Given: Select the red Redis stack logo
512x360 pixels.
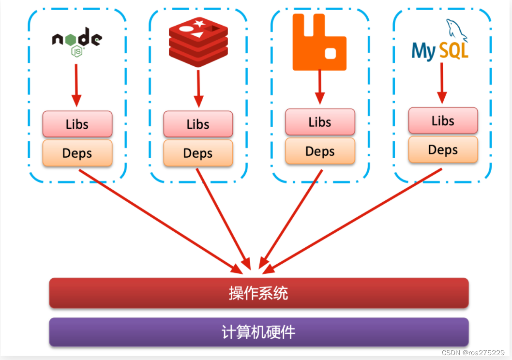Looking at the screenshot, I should pyautogui.click(x=198, y=42).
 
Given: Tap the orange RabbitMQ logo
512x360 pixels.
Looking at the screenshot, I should pyautogui.click(x=319, y=43).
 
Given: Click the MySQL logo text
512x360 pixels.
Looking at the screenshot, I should pyautogui.click(x=440, y=50).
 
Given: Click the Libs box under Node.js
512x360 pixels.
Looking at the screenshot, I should pyautogui.click(x=77, y=124).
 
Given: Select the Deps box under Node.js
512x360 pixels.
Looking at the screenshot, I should pyautogui.click(x=77, y=153).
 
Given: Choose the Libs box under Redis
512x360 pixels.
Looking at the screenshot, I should pyautogui.click(x=198, y=124).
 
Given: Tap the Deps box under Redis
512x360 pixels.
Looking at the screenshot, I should pyautogui.click(x=198, y=153).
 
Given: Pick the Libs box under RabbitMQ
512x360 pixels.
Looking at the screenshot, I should pyautogui.click(x=320, y=122).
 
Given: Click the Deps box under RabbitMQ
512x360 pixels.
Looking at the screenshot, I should pyautogui.click(x=320, y=151).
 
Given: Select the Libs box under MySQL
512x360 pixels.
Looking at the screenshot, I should pyautogui.click(x=443, y=120).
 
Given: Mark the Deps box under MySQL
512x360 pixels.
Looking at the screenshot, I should pyautogui.click(x=443, y=150).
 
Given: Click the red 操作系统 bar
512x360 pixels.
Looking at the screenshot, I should pyautogui.click(x=258, y=293).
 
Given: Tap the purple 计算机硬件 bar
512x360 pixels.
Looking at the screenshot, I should pyautogui.click(x=258, y=332).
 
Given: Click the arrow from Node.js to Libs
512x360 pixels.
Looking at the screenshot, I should pyautogui.click(x=76, y=85).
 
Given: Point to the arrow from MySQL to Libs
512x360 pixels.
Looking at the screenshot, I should pyautogui.click(x=442, y=82).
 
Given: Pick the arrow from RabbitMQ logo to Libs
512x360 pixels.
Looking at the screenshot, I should pyautogui.click(x=319, y=87).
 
